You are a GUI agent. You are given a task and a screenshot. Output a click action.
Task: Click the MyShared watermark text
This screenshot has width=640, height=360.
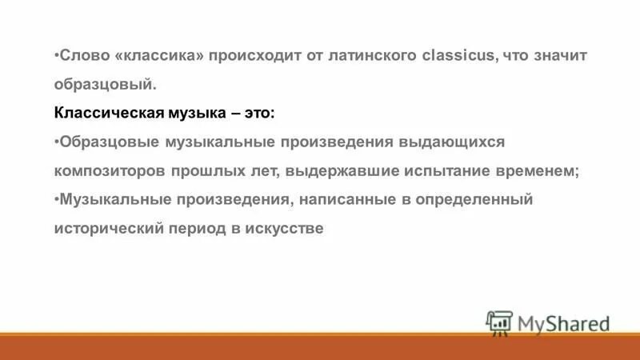(x=563, y=323)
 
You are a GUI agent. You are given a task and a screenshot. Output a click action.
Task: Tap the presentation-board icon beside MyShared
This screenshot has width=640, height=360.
(x=498, y=322)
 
